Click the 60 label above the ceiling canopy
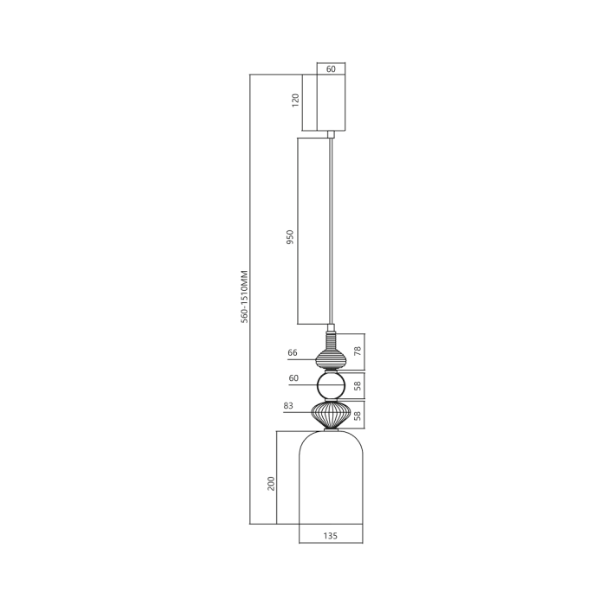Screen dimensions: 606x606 click(331, 69)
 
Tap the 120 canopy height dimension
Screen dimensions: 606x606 click(296, 100)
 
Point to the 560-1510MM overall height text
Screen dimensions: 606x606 click(245, 297)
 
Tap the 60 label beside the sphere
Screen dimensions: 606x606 click(293, 378)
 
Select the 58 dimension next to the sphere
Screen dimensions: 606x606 click(358, 385)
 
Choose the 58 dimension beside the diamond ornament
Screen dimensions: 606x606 click(358, 415)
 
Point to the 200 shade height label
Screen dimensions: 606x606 click(271, 482)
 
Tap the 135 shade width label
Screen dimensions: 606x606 click(330, 536)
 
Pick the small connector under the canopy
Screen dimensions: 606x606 click(331, 134)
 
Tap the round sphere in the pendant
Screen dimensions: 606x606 click(331, 385)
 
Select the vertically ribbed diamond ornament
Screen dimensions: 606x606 click(331, 414)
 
